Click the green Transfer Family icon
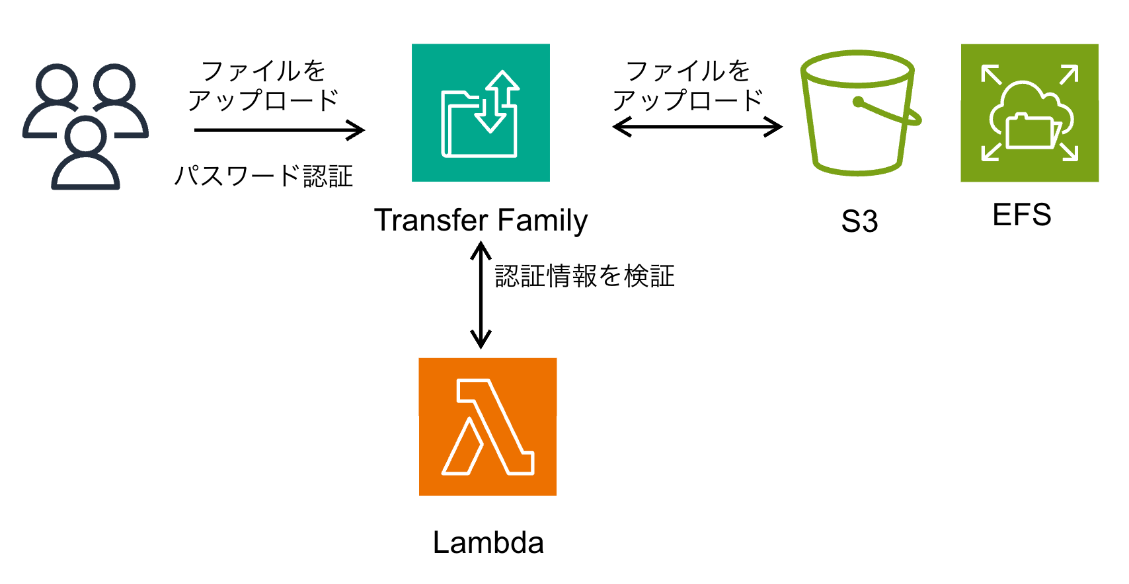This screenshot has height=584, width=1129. tap(481, 113)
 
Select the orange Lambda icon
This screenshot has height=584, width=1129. tap(488, 427)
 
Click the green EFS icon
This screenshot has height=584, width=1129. tap(1029, 113)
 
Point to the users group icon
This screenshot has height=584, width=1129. tap(85, 126)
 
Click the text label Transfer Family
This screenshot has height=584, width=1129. tap(481, 220)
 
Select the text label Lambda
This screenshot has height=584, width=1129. tap(488, 543)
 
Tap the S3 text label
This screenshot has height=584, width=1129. tap(859, 221)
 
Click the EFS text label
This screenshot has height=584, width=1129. tap(1021, 215)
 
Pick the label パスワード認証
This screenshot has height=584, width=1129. tap(263, 176)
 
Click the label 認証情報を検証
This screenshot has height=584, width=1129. tap(584, 276)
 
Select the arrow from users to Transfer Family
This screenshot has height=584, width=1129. tap(279, 130)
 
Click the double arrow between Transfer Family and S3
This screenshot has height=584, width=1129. tap(697, 126)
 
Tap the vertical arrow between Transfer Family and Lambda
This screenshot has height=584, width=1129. tap(481, 295)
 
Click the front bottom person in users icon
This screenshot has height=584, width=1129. tap(86, 159)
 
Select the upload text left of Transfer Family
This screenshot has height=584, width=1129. tap(263, 86)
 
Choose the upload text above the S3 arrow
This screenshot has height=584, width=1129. tap(687, 86)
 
